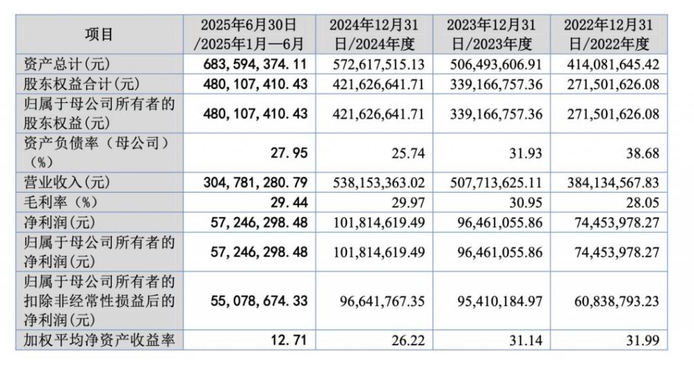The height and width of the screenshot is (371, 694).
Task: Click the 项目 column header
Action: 99,34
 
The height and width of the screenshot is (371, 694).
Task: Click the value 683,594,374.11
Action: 256,64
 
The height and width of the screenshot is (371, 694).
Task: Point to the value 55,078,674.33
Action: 256,300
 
